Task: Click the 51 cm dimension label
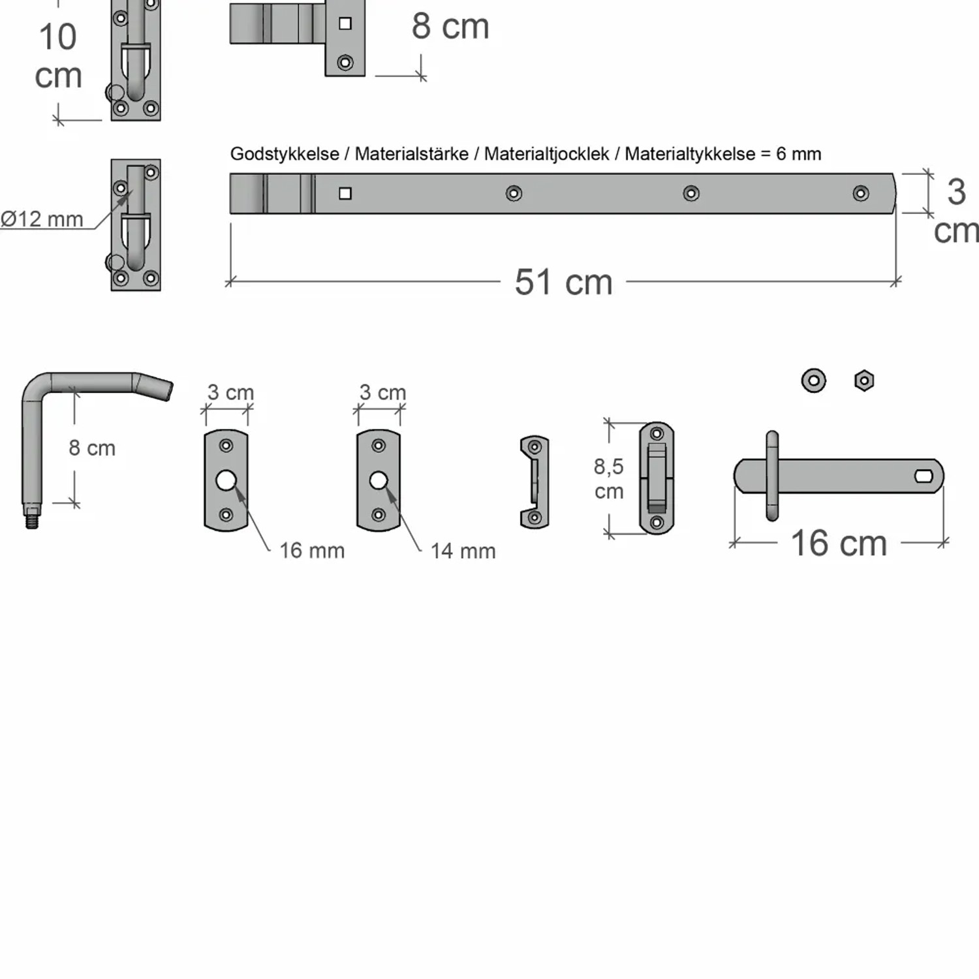[563, 282]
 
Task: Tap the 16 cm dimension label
[839, 543]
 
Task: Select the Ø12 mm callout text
[42, 219]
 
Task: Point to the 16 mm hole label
[312, 551]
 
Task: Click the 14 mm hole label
[463, 552]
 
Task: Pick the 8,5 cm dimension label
[608, 478]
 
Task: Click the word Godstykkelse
[285, 154]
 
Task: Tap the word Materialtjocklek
[546, 154]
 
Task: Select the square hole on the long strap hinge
[345, 193]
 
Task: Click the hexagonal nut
[864, 380]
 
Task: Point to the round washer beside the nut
[814, 380]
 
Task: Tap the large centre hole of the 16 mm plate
[226, 481]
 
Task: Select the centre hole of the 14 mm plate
[379, 481]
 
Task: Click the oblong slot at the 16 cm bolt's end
[924, 476]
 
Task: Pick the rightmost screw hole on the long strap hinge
[861, 193]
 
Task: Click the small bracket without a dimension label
[535, 482]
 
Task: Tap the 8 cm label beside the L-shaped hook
[92, 448]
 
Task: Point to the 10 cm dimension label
[58, 56]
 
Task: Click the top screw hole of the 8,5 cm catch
[657, 433]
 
